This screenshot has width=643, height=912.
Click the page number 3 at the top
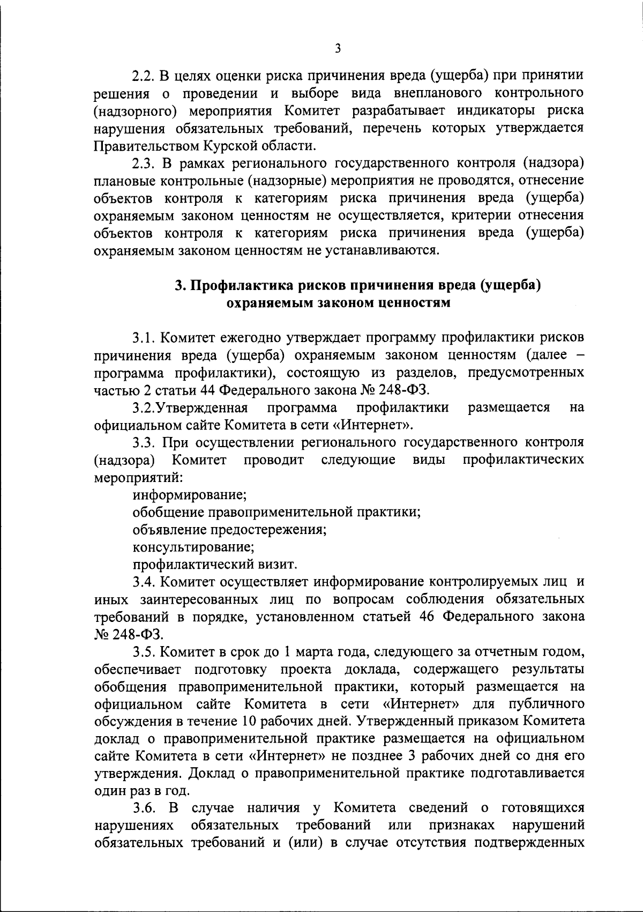click(337, 49)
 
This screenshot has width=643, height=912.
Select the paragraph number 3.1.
click(144, 337)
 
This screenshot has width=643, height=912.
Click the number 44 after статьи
click(206, 390)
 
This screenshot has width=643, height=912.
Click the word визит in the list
click(279, 565)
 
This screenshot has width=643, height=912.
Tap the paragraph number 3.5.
click(144, 652)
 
